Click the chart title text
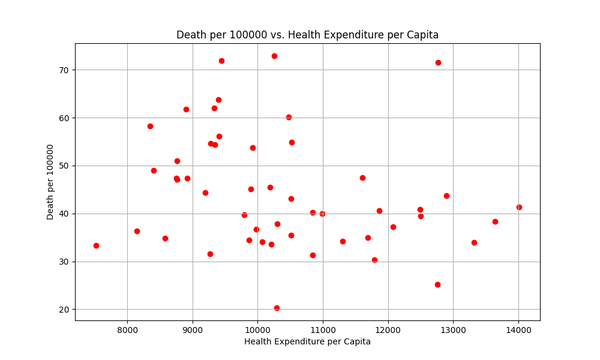click(x=307, y=35)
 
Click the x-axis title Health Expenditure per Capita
click(x=307, y=341)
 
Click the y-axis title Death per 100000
click(x=50, y=182)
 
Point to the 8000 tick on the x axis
click(x=127, y=329)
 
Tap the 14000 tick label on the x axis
click(x=518, y=329)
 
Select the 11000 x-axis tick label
click(x=323, y=329)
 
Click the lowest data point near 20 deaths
click(x=277, y=308)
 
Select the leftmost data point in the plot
click(x=96, y=245)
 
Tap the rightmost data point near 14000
click(x=519, y=207)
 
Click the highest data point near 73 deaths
click(x=274, y=56)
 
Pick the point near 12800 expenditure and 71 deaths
click(x=438, y=62)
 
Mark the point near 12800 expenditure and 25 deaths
click(x=437, y=284)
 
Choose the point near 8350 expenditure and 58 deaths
click(x=150, y=126)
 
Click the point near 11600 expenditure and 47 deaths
click(x=362, y=178)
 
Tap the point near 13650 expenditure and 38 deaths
click(x=495, y=221)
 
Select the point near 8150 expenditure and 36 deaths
click(x=137, y=231)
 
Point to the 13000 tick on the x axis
click(x=453, y=329)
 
